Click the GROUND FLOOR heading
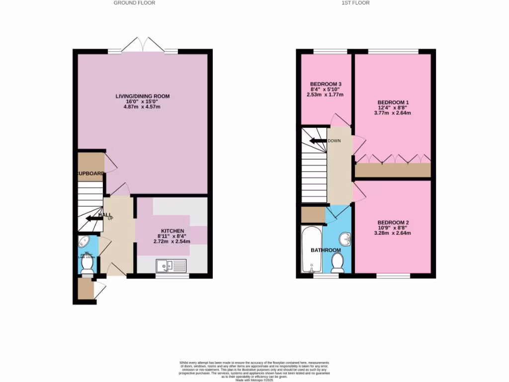(134, 3)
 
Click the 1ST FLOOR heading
(355, 3)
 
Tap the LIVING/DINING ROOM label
(143, 96)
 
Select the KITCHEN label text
(171, 231)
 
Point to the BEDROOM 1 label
(392, 102)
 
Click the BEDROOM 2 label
(392, 222)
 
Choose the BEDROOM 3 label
(326, 84)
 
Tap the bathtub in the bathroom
(312, 249)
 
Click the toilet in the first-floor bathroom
(338, 262)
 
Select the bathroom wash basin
(346, 240)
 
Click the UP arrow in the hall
(93, 217)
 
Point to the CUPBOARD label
(90, 174)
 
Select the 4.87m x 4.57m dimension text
(143, 107)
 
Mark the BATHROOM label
(326, 250)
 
